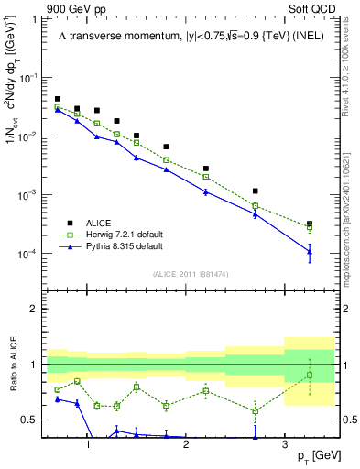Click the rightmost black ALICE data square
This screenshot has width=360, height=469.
point(310,224)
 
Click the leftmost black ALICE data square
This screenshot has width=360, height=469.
point(58,99)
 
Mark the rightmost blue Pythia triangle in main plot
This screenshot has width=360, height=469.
point(310,252)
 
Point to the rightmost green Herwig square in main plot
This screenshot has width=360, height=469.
point(310,228)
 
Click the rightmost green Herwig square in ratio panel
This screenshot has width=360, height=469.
point(310,375)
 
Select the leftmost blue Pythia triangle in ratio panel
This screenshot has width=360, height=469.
point(58,399)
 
